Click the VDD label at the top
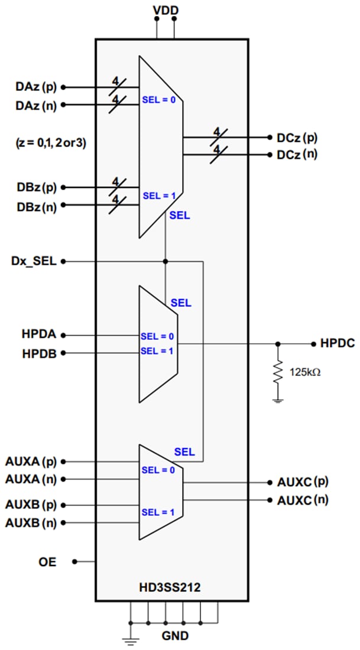(166, 9)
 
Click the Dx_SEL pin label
(33, 261)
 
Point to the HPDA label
(40, 335)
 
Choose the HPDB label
(40, 353)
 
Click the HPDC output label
(337, 343)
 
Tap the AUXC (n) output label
(303, 500)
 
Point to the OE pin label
(48, 562)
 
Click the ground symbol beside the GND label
(129, 635)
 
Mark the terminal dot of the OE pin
(75, 562)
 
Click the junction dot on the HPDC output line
(278, 343)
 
